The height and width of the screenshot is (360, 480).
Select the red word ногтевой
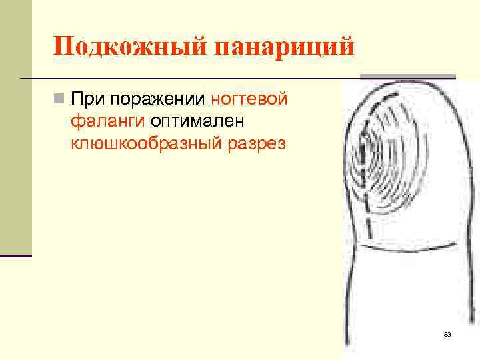click(x=249, y=99)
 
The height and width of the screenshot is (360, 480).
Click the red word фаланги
click(x=109, y=121)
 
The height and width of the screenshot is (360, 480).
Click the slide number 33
click(x=447, y=334)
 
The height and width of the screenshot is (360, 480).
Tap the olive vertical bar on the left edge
click(x=15, y=127)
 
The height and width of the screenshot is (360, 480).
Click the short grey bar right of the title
click(x=408, y=77)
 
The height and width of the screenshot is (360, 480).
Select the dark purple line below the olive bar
click(x=15, y=255)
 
